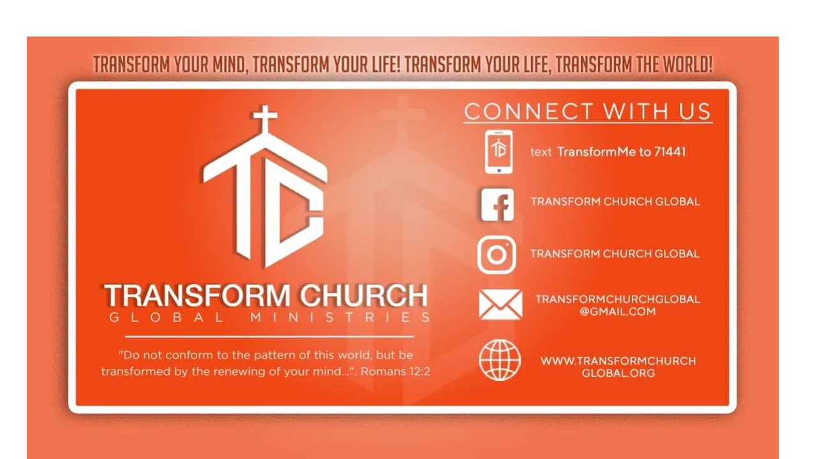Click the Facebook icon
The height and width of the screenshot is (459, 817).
point(497,205)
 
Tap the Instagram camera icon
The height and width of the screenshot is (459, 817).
point(497,254)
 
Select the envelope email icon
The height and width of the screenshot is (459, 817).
point(500,305)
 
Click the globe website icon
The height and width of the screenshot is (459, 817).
point(500,360)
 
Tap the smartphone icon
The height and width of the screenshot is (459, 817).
point(498,152)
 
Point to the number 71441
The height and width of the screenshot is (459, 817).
point(670,152)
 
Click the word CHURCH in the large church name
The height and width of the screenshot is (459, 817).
point(364,295)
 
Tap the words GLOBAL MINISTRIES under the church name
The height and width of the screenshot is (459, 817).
point(270,317)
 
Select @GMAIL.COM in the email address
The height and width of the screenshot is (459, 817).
point(617,312)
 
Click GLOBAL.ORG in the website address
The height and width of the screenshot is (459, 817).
point(618,373)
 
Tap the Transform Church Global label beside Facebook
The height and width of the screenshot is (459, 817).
point(615,201)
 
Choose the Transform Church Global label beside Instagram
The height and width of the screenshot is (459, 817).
point(615,254)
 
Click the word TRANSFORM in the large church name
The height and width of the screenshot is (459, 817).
point(197,295)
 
